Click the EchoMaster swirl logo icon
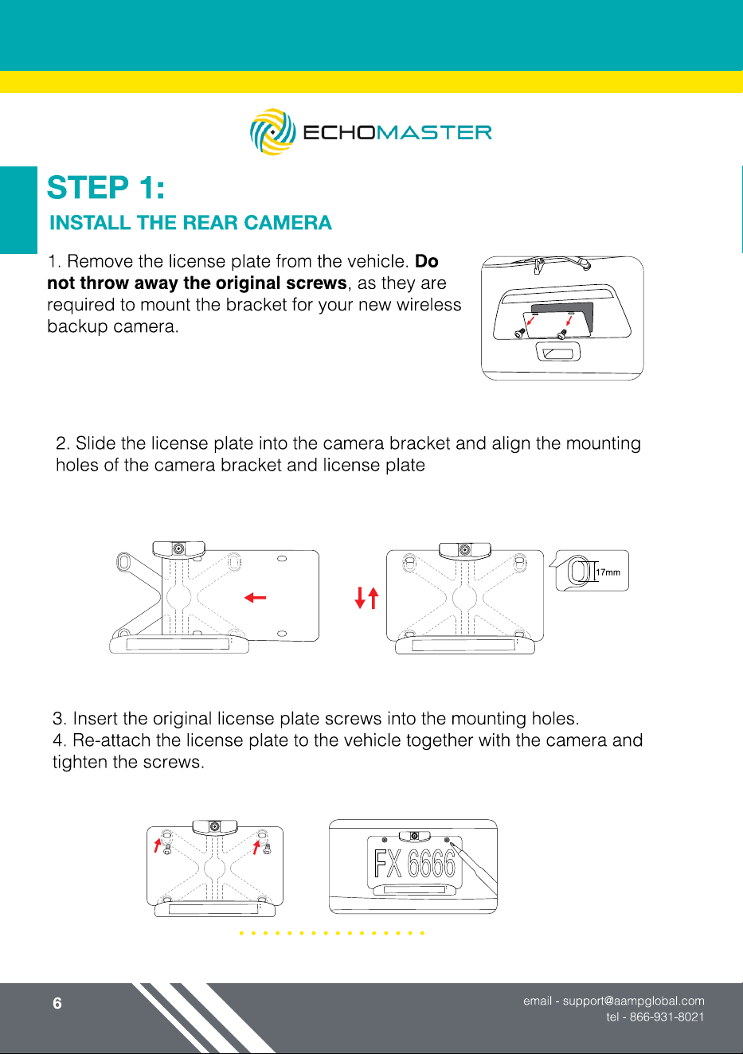[273, 132]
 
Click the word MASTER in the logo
[434, 132]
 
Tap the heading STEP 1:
[106, 187]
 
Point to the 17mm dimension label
[608, 572]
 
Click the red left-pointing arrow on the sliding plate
[255, 598]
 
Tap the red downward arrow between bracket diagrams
[360, 598]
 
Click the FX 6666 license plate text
[415, 864]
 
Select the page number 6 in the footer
[57, 1003]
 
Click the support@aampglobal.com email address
[634, 1001]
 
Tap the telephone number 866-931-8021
[667, 1017]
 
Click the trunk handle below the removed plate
[558, 353]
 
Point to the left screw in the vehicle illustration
[520, 333]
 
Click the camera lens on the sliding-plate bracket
[178, 548]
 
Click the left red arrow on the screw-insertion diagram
[158, 845]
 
